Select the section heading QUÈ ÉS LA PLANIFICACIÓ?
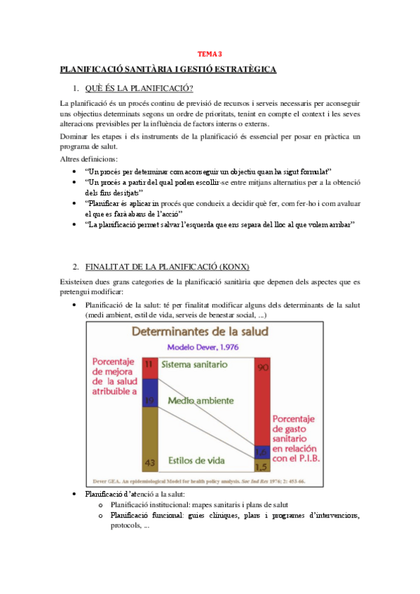coord(140,88)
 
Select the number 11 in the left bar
coord(149,364)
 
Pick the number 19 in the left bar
coord(149,400)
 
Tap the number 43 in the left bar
coord(149,463)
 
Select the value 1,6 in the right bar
coord(262,452)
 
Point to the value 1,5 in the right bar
coord(262,466)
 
